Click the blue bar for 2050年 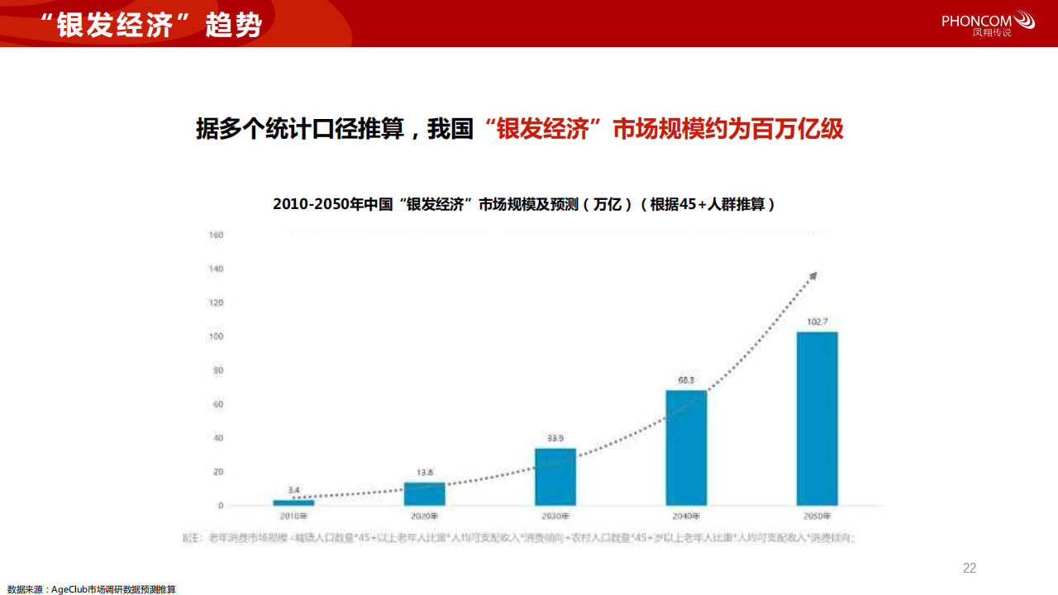coord(817,418)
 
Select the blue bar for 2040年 coord(686,447)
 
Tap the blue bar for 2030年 coord(555,476)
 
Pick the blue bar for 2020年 coord(424,493)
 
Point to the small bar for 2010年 coord(293,502)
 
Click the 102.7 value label coord(817,321)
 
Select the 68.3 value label coord(686,380)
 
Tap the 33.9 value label coord(555,438)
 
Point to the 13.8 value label coord(424,472)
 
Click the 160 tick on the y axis coord(216,235)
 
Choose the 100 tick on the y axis coord(216,336)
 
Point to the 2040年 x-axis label coord(686,516)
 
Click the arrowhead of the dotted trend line coord(813,275)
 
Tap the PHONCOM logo coord(988,22)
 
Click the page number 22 coord(970,568)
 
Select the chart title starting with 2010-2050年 coord(524,204)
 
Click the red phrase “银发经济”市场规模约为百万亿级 coord(665,130)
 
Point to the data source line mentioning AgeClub coord(92,589)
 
